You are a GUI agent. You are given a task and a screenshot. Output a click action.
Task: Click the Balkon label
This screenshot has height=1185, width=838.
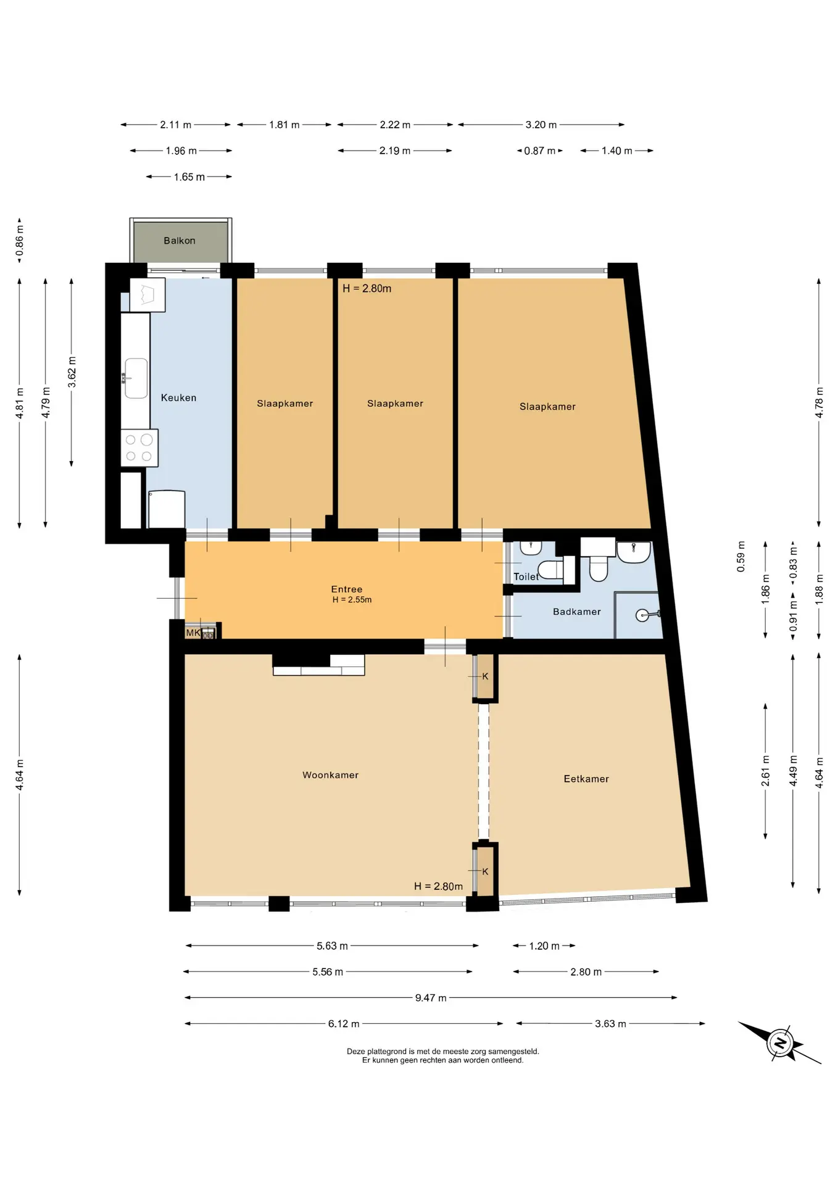(179, 241)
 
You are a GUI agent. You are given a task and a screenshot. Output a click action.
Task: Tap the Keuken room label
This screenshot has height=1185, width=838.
(178, 398)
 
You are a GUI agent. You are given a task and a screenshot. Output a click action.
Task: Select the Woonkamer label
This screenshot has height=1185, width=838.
(330, 775)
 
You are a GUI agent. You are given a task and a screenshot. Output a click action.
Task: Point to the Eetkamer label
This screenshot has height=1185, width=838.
(586, 779)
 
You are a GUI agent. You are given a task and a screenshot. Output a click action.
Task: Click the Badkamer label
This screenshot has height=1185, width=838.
(577, 612)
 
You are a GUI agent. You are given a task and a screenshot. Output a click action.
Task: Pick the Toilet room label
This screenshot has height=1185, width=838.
(526, 576)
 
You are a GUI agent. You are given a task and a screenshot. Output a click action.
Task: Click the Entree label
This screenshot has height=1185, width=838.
(347, 589)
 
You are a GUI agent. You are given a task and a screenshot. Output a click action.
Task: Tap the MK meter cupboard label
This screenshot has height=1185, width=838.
(193, 633)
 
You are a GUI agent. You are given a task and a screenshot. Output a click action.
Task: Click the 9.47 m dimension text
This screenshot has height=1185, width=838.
(431, 998)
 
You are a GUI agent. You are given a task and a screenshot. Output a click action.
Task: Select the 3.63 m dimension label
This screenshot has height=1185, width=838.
(610, 1024)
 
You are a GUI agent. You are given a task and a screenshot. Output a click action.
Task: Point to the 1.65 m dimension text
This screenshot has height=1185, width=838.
(189, 177)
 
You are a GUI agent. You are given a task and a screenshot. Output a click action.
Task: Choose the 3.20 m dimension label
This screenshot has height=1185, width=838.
(541, 125)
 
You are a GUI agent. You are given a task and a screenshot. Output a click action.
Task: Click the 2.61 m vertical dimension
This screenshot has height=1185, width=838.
(766, 771)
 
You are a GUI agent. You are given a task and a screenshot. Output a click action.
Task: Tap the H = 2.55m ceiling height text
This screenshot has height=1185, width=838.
(352, 600)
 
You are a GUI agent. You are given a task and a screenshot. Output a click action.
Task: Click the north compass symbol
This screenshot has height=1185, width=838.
(780, 1043)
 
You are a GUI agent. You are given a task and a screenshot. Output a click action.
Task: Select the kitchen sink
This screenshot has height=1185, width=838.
(136, 378)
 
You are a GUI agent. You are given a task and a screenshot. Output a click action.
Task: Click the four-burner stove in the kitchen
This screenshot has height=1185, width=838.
(139, 448)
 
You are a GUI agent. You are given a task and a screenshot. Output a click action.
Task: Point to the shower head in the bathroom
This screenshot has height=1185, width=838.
(647, 615)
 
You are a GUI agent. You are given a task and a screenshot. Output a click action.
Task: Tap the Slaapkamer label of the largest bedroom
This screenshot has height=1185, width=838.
(547, 407)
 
